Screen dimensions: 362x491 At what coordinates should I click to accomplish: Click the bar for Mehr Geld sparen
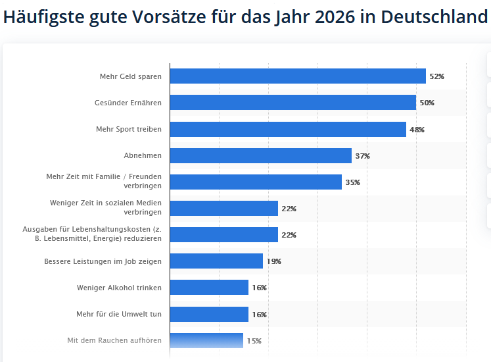point(298,76)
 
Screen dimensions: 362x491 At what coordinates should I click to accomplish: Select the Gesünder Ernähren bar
point(293,103)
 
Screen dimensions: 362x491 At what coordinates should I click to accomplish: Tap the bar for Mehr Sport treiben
point(288,130)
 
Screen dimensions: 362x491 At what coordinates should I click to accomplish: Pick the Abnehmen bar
point(261,156)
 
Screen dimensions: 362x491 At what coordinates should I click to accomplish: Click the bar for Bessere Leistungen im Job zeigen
point(216,261)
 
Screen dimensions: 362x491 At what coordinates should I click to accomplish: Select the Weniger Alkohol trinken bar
point(209,288)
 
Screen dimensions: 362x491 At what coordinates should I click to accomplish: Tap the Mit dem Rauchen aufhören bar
point(206,340)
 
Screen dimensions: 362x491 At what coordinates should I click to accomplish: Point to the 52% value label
point(436,76)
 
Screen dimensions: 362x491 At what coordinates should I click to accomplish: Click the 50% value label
point(427,103)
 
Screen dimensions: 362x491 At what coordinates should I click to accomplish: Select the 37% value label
point(362,156)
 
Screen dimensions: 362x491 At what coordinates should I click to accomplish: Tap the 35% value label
point(352,182)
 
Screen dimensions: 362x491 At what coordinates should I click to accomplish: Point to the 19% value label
point(273,261)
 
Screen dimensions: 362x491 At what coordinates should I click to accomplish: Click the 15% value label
point(254,340)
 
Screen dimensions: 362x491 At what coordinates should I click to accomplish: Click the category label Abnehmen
point(143,156)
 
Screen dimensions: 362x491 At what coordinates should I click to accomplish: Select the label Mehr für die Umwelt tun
point(119,314)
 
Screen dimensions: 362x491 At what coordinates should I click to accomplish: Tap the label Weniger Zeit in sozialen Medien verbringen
point(106,207)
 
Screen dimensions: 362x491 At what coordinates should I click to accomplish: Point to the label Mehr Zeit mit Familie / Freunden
point(104,177)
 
